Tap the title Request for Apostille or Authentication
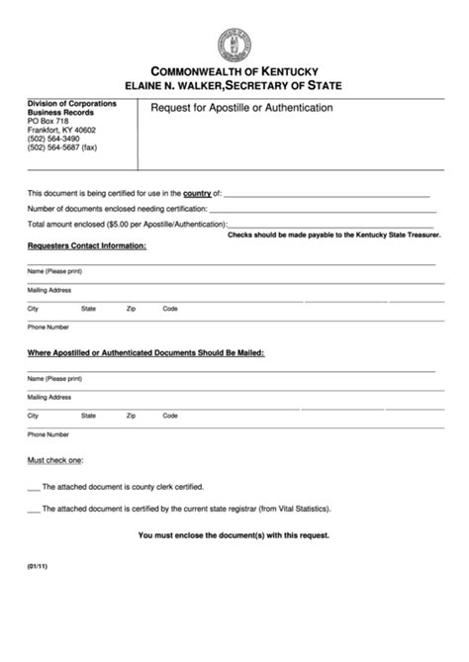click(241, 107)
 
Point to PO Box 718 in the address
click(47, 121)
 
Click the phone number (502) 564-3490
click(54, 139)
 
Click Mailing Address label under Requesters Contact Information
click(49, 290)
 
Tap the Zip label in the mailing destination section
click(131, 416)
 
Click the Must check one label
click(55, 460)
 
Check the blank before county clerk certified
click(34, 487)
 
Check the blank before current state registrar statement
click(34, 509)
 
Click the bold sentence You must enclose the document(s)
click(234, 535)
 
